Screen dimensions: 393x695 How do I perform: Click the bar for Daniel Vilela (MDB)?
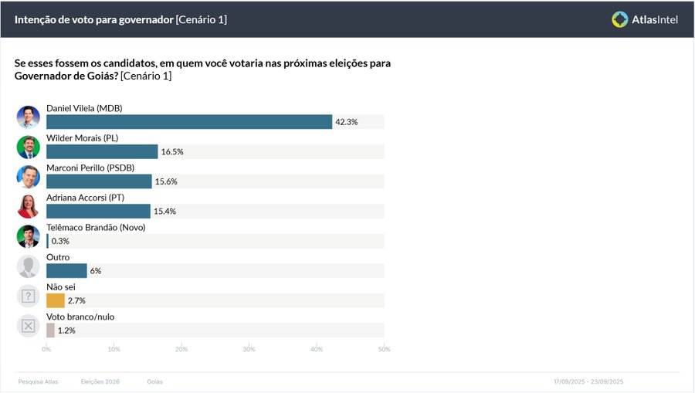point(189,122)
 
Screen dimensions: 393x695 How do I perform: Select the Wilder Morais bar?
point(102,152)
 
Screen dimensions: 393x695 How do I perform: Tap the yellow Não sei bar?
point(56,300)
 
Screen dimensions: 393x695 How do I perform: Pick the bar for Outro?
point(66,271)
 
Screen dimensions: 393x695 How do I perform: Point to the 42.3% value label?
point(346,122)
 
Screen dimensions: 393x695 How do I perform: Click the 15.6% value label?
point(166,181)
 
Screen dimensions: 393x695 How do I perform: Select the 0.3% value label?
point(60,241)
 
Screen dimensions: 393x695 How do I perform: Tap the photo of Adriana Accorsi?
point(29,206)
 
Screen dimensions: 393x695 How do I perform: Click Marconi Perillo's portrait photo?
point(29,177)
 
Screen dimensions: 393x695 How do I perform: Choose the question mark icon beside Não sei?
point(29,296)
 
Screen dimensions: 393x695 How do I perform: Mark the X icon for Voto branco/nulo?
point(29,326)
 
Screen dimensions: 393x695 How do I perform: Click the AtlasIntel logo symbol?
point(619,19)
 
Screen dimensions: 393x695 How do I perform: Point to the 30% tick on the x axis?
point(249,350)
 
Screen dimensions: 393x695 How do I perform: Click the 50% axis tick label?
point(384,350)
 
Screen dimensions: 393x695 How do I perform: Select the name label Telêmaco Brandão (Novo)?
point(96,228)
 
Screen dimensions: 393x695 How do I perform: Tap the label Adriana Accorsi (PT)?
point(86,198)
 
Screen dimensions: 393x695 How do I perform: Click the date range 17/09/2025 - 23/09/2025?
point(588,382)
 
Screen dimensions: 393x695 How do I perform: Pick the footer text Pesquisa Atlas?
point(38,382)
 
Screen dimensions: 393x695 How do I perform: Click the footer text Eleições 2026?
point(100,382)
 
